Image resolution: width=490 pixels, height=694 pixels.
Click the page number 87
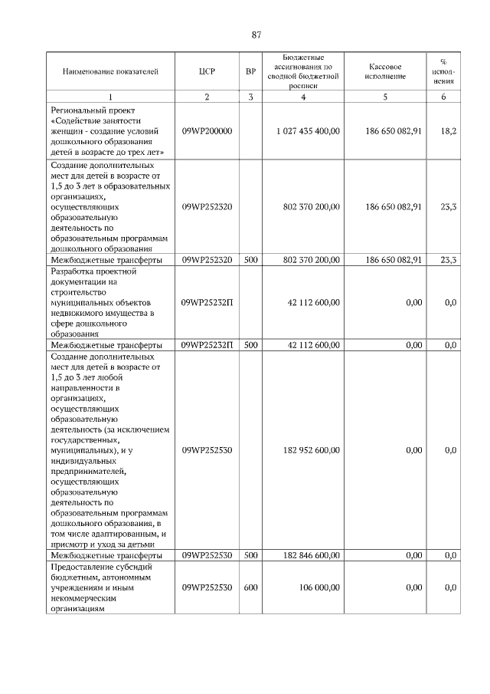click(256, 35)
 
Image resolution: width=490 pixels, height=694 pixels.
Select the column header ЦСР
click(207, 72)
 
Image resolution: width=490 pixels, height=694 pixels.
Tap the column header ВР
click(250, 72)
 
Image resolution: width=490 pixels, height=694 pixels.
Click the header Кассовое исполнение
click(386, 72)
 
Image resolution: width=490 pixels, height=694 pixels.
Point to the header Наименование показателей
click(110, 72)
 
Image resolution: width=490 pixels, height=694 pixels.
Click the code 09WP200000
click(207, 131)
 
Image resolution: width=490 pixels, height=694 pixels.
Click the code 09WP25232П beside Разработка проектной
click(207, 303)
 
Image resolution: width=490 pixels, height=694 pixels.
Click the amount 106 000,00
click(320, 587)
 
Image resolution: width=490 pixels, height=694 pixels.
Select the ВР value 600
click(250, 587)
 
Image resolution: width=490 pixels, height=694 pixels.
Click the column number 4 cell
click(303, 97)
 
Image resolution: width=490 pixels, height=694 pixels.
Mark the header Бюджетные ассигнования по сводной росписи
click(303, 72)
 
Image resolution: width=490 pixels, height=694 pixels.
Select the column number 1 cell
click(110, 97)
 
